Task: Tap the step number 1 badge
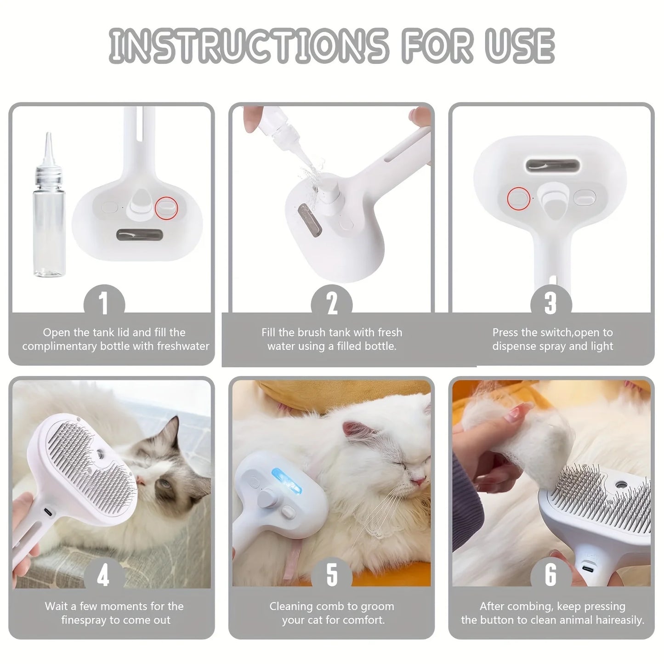(104, 303)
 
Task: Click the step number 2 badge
(331, 303)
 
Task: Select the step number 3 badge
(551, 303)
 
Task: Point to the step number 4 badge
(104, 576)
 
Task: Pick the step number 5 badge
(331, 576)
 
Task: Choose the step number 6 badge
(551, 576)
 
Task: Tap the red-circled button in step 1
(166, 207)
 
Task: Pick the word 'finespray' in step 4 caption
(84, 620)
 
